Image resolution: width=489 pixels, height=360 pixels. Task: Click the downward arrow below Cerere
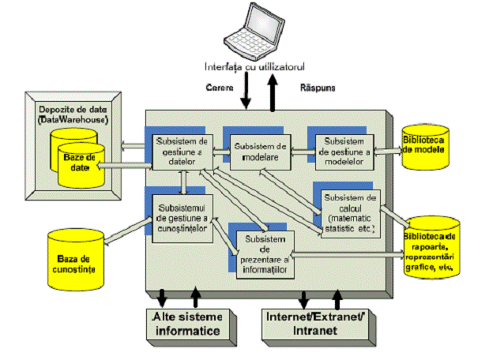[245, 93]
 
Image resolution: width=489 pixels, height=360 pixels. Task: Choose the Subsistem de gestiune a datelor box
[182, 152]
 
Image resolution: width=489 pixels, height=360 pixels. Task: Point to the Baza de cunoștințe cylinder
[76, 259]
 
